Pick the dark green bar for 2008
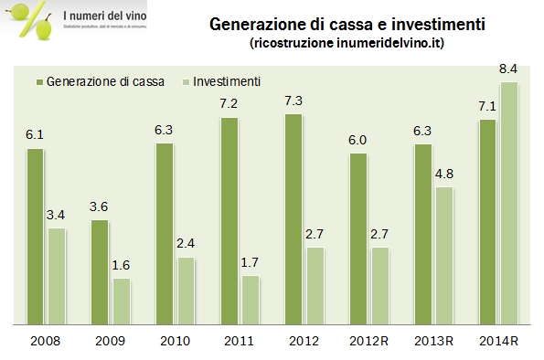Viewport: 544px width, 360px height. tap(35, 236)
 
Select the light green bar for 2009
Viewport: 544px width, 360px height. tap(121, 301)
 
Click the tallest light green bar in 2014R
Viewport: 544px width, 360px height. tap(509, 203)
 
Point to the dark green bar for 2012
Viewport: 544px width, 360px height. tap(293, 218)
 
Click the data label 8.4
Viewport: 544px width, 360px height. tap(509, 69)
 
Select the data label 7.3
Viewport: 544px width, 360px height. tap(293, 100)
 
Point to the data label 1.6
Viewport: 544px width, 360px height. tap(122, 265)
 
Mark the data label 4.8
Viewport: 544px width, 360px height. tap(444, 174)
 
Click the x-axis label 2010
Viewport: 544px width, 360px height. tap(175, 342)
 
